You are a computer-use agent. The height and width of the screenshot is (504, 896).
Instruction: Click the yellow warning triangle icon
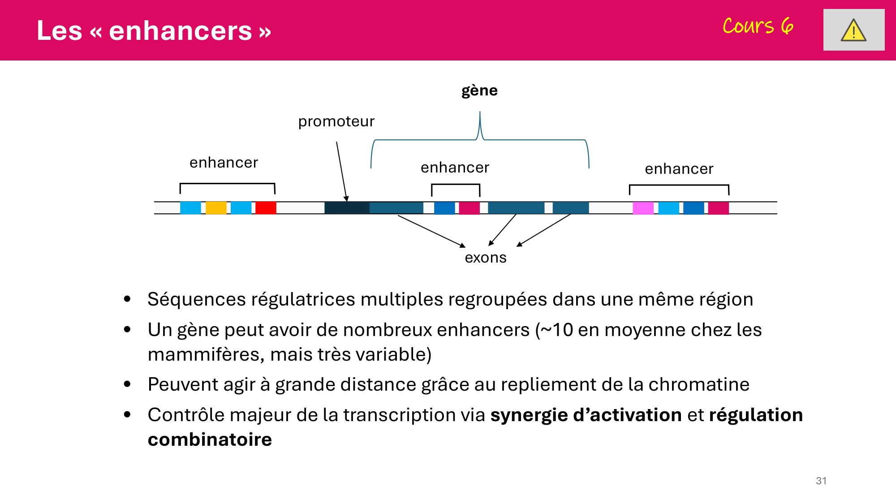click(x=853, y=30)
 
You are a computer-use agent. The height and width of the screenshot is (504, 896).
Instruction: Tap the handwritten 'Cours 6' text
click(x=758, y=26)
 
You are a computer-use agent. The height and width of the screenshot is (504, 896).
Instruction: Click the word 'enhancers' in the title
click(x=180, y=31)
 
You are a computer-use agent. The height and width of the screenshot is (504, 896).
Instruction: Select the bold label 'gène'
click(x=479, y=90)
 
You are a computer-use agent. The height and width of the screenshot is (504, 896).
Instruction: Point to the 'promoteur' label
click(x=336, y=121)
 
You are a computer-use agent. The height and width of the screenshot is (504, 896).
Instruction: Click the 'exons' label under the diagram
click(x=486, y=258)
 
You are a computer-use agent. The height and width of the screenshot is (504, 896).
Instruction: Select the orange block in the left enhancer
click(x=216, y=208)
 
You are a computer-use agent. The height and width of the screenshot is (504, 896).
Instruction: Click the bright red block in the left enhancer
click(x=266, y=208)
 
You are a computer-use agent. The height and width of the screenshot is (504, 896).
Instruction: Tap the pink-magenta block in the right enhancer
click(x=643, y=208)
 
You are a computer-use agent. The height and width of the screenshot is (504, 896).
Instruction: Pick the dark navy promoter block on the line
click(x=347, y=208)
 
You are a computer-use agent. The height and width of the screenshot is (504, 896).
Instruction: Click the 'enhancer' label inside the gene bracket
click(x=455, y=168)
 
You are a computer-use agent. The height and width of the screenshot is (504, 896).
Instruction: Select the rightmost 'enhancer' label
click(x=679, y=169)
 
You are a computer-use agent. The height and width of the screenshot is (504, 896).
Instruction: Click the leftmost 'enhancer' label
click(x=224, y=163)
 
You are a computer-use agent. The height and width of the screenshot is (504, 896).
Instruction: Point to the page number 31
click(x=821, y=481)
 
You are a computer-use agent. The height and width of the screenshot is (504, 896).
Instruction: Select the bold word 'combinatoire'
click(x=210, y=440)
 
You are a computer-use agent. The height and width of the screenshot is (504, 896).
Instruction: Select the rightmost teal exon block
click(x=570, y=208)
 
